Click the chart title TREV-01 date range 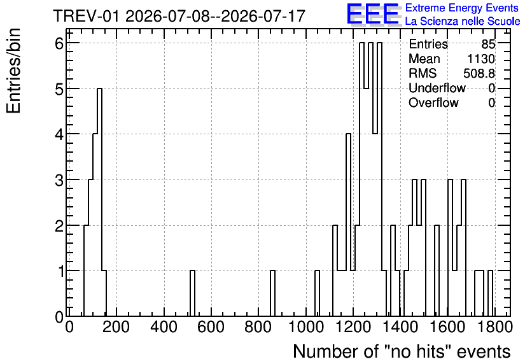(179, 16)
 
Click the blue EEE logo (373, 14)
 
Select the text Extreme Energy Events (462, 8)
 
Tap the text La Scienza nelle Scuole (463, 22)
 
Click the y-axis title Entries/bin (14, 71)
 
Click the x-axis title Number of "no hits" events (402, 351)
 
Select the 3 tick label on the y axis (60, 180)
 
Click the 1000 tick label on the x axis (306, 327)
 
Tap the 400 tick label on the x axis (164, 327)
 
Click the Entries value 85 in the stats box (488, 44)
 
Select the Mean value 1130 (481, 59)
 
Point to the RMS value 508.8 (479, 73)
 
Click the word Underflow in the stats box (437, 88)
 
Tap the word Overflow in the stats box (433, 102)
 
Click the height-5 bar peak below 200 (99, 88)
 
